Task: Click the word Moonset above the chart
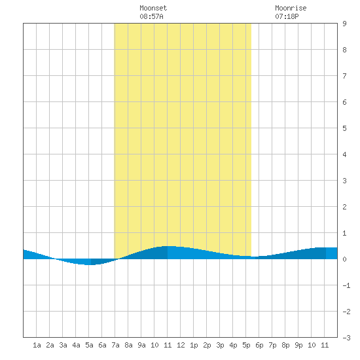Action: [x=153, y=8]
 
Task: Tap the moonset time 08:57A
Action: [x=151, y=16]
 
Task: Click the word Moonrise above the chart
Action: [x=291, y=8]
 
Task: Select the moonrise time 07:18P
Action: [x=287, y=16]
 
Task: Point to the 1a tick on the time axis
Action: [x=37, y=345]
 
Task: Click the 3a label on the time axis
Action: [x=63, y=345]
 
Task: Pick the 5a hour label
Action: [x=89, y=345]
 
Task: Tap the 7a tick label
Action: [x=115, y=345]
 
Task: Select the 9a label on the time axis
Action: [x=141, y=345]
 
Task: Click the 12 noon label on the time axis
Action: [x=181, y=345]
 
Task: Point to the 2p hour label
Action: [x=207, y=345]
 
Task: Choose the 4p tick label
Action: [x=233, y=345]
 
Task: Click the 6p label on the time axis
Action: [x=259, y=345]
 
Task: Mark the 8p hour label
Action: [x=285, y=345]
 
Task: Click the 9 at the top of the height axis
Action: [x=344, y=24]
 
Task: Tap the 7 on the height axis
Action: [x=344, y=76]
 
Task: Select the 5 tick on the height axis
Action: [x=344, y=128]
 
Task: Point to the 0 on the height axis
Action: [x=344, y=259]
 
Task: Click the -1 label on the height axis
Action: [x=346, y=285]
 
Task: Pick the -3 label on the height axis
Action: [x=346, y=338]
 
